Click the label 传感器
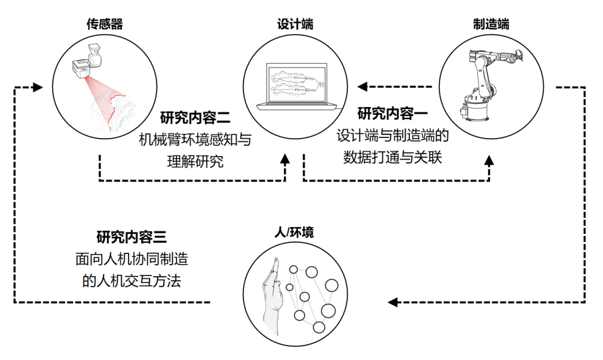(104, 25)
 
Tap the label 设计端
(295, 25)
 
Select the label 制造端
(491, 25)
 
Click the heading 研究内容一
(392, 114)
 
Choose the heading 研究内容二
(196, 118)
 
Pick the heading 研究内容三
(131, 237)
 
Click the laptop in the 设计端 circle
(296, 86)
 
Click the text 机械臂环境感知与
(195, 139)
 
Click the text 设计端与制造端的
(392, 136)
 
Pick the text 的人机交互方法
(131, 280)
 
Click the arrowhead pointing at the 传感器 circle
(38, 87)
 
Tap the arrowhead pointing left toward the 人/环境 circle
(392, 302)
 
